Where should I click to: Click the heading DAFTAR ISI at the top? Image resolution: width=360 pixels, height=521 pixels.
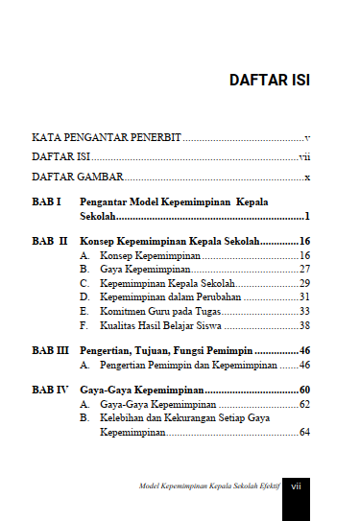point(269,79)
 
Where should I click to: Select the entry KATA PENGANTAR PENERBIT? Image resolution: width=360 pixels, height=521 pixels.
point(108,139)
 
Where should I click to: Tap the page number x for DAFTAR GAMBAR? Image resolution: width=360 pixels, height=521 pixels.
point(306,178)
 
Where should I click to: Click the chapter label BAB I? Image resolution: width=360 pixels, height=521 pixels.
point(46,203)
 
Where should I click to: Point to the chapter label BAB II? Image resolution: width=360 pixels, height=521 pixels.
point(49,242)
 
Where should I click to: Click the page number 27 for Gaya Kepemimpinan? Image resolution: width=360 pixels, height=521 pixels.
point(304,271)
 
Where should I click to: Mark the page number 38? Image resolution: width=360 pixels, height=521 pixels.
point(304,325)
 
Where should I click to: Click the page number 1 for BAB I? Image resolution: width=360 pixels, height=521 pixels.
point(306,218)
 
